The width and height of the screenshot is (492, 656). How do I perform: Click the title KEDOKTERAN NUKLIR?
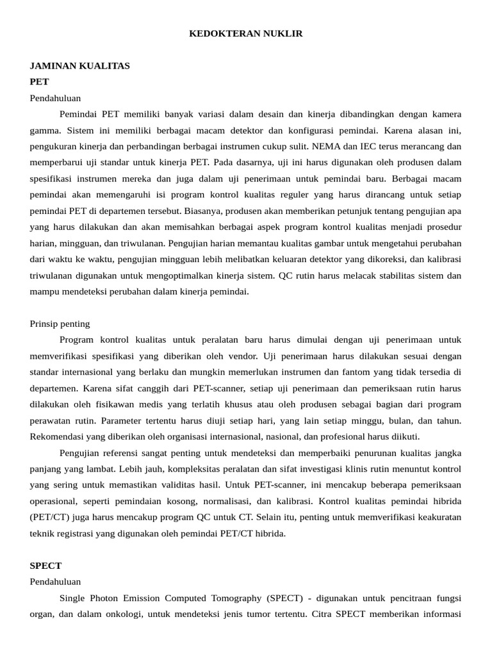pyautogui.click(x=246, y=34)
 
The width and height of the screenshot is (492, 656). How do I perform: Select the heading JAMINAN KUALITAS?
pyautogui.click(x=80, y=66)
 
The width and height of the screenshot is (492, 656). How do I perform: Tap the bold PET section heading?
pyautogui.click(x=39, y=82)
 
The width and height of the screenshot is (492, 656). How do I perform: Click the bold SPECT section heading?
pyautogui.click(x=45, y=566)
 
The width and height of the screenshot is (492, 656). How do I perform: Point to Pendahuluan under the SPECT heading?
pyautogui.click(x=56, y=582)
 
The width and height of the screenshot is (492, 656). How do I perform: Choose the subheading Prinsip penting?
pyautogui.click(x=60, y=324)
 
